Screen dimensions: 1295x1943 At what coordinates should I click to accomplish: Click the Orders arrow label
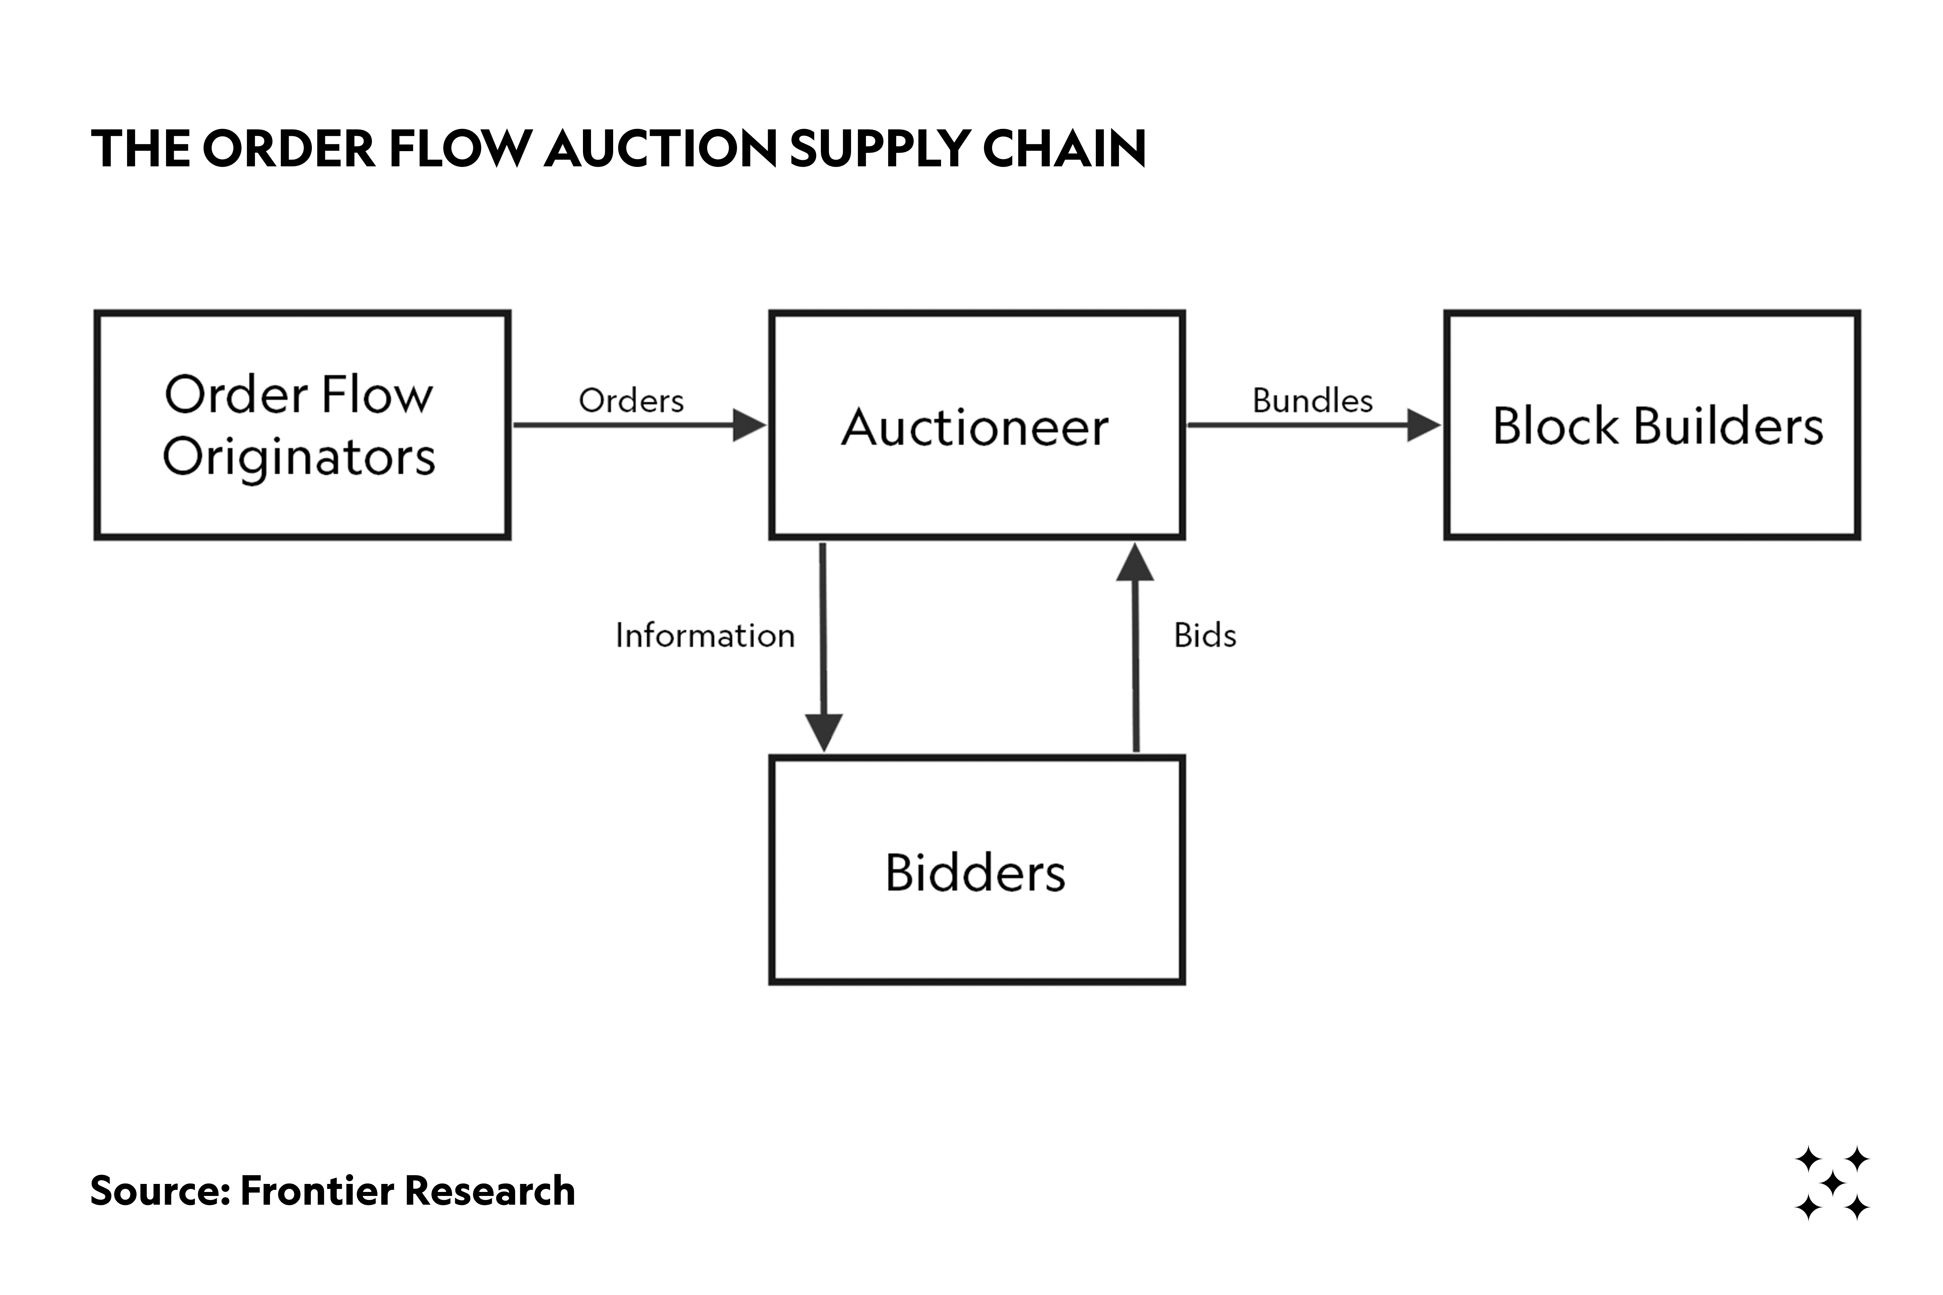coord(631,401)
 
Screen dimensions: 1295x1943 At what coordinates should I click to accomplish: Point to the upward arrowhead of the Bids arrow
coord(1135,563)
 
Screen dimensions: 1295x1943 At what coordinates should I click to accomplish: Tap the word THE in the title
coord(140,149)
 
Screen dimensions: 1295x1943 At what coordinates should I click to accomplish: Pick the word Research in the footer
coord(489,1191)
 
